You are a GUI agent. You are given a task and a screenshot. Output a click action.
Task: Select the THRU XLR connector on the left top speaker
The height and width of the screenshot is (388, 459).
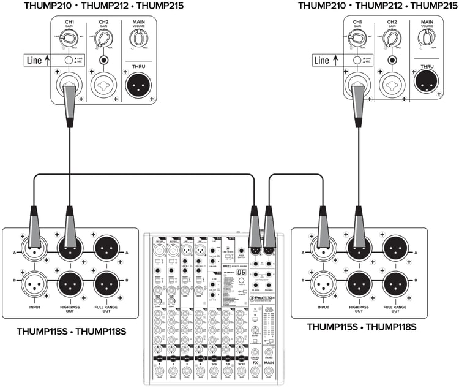coord(138,85)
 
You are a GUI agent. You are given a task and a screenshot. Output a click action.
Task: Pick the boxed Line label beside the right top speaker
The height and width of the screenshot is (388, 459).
coord(325,60)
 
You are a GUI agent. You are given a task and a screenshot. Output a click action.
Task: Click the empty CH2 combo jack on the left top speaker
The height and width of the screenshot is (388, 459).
coord(103,85)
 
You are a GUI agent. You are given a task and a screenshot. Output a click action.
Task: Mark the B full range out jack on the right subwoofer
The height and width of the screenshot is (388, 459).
coord(395,283)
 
